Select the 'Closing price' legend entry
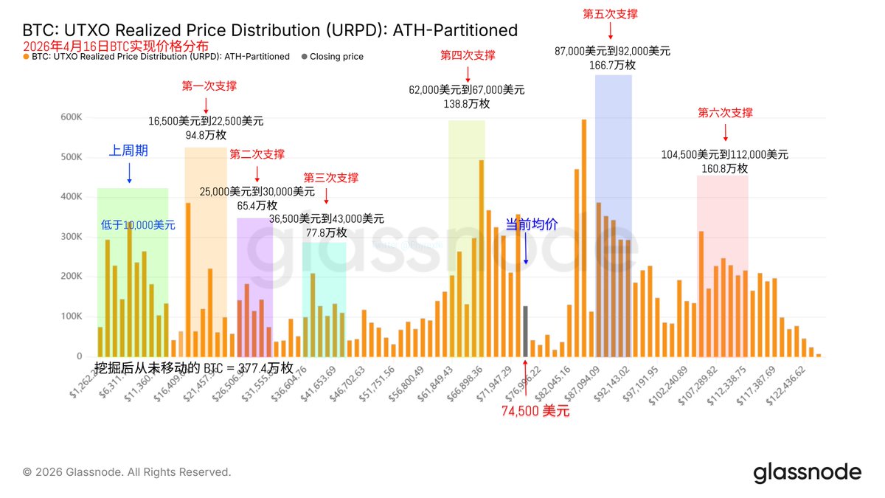point(336,56)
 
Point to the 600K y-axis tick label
point(72,117)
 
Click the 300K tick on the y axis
point(72,237)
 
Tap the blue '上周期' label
point(128,151)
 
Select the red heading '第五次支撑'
point(610,14)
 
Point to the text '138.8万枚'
point(467,104)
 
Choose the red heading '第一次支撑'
point(209,86)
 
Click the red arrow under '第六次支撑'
point(725,133)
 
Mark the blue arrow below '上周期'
point(129,173)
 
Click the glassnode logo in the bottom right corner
point(807,473)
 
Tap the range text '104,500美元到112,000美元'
point(724,155)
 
